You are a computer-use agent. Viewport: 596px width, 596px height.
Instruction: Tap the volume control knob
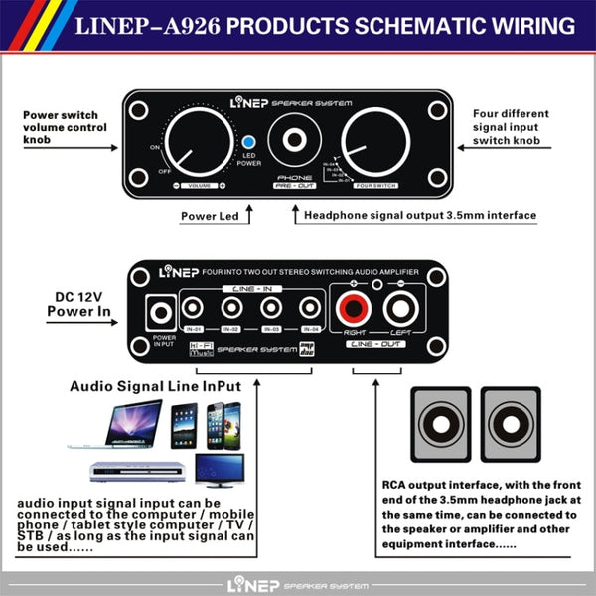click(x=195, y=148)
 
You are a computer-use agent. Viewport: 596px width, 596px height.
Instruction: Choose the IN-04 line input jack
click(x=310, y=309)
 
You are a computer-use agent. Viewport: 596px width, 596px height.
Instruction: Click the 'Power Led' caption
click(x=210, y=215)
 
